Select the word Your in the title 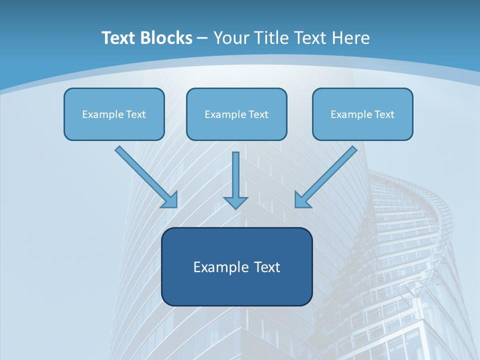pos(231,38)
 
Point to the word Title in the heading pos(271,38)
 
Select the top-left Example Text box pos(114,114)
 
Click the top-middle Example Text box pos(236,114)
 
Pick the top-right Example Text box pos(362,114)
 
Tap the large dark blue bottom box pos(236,266)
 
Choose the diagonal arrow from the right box pos(327,175)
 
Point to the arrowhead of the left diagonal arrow pos(171,200)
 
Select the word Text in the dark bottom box pos(267,267)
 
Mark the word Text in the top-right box pos(384,114)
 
